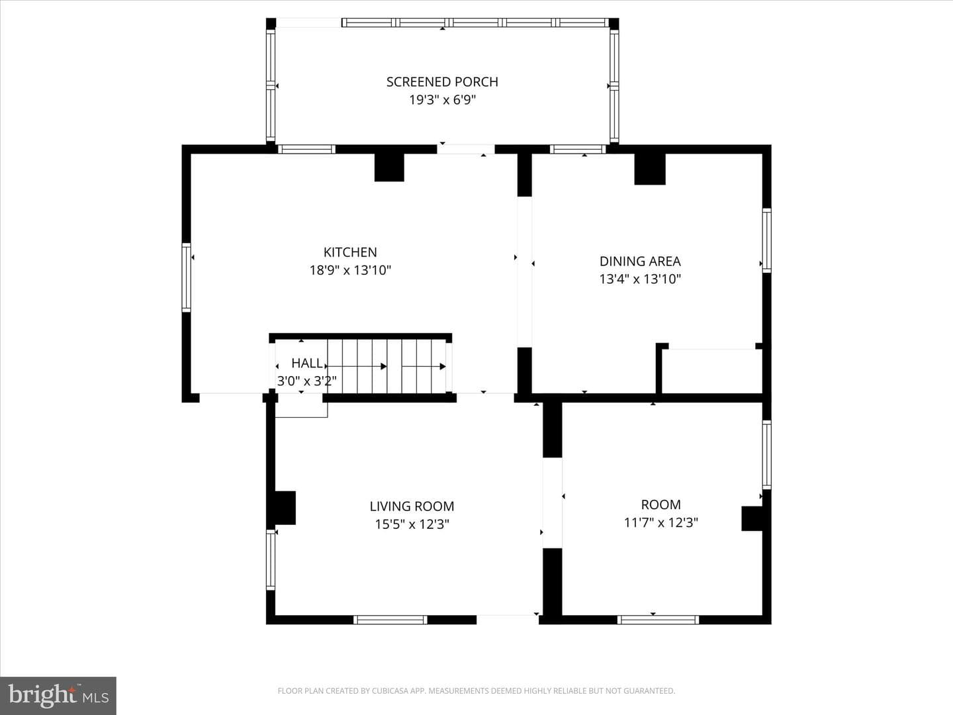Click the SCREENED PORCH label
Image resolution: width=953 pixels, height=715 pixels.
[x=442, y=81]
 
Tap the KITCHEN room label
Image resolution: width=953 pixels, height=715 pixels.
[x=350, y=252]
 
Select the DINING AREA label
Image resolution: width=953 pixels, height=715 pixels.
[x=640, y=261]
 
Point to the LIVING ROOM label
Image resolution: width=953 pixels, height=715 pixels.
[x=412, y=506]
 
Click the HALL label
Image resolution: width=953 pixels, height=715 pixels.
[x=307, y=363]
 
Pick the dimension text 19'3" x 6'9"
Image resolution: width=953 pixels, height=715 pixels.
[x=443, y=100]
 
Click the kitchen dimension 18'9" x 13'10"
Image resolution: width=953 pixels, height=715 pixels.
[x=350, y=270]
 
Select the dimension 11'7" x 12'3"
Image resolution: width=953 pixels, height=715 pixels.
[x=660, y=522]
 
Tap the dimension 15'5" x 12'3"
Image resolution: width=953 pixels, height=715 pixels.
[x=412, y=524]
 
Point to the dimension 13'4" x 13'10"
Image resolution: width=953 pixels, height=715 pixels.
[x=640, y=279]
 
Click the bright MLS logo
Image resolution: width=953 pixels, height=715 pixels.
[x=58, y=695]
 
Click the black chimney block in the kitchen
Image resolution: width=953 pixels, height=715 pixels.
[x=389, y=167]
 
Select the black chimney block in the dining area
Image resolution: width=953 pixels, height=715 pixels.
[x=649, y=169]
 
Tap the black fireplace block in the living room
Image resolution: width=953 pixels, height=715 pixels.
[x=285, y=508]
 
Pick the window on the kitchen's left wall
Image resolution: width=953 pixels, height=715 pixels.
[x=186, y=277]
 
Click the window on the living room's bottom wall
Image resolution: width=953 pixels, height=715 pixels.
[x=390, y=620]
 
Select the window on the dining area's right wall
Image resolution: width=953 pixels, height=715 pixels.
[x=767, y=240]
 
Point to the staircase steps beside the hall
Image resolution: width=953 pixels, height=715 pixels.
[x=387, y=366]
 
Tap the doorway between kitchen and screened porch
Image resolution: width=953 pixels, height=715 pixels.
[x=465, y=149]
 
